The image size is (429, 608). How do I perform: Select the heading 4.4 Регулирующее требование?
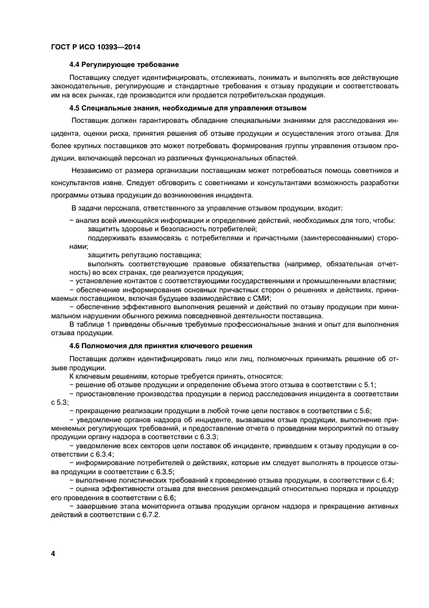coord(123,65)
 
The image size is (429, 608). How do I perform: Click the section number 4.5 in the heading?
coord(76,108)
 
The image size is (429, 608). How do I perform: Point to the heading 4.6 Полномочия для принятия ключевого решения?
coord(160,345)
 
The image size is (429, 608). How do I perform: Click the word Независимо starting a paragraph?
coord(93,170)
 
